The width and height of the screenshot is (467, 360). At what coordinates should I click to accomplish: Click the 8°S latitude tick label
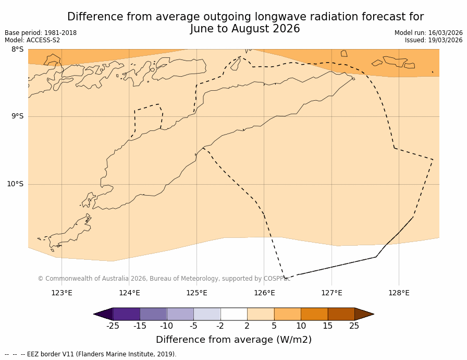coord(17,50)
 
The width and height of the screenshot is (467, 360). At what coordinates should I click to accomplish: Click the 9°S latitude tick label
coord(17,116)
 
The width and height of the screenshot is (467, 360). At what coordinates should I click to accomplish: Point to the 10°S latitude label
coord(15,184)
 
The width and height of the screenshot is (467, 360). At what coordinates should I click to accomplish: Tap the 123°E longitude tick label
coord(62,293)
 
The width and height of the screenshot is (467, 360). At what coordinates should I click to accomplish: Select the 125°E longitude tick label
coord(196,293)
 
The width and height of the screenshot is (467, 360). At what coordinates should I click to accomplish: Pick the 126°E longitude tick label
coord(264,293)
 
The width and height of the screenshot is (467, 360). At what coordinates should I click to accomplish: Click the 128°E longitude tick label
coord(399,293)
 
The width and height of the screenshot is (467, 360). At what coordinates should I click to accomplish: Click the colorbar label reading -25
coord(113,326)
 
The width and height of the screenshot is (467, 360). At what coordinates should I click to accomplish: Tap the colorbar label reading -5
coord(193,326)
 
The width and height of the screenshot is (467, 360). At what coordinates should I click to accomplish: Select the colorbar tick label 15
coord(327,326)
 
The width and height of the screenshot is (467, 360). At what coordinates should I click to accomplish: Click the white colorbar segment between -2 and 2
coord(233,314)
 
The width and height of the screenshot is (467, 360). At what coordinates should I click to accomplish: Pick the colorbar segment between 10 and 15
coord(314,314)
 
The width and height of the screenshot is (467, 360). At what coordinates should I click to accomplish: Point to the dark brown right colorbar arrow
coord(364,314)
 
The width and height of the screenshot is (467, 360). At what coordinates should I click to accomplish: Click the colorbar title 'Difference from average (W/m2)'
coord(233,340)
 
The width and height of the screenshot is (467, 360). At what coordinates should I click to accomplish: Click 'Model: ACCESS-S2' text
coord(32,40)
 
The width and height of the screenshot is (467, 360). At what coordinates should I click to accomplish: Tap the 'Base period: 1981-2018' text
coord(41,33)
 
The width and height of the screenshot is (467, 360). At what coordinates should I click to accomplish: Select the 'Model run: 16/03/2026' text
coord(428,33)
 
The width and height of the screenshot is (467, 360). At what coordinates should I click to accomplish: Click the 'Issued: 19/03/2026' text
coord(434,40)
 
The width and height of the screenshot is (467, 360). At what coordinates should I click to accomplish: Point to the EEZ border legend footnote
coord(91,354)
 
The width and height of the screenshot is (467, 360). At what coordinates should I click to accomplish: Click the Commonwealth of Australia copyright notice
coord(164,279)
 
